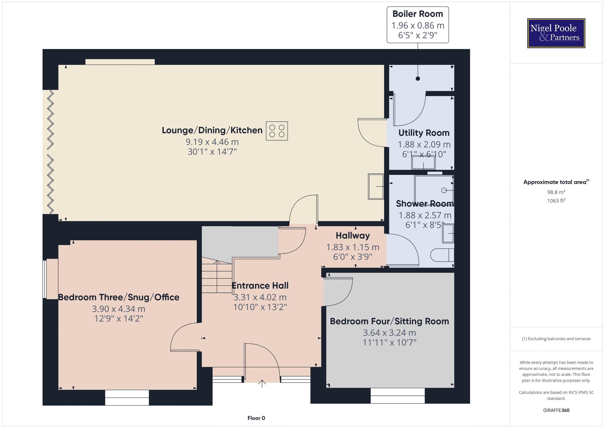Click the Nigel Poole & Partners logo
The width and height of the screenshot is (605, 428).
556,33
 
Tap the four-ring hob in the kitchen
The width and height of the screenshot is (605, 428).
277,131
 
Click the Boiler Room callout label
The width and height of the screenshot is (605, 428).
418,25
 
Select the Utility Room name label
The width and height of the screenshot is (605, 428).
424,133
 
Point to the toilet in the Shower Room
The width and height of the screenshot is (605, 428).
442,255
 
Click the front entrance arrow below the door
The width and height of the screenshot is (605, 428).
262,383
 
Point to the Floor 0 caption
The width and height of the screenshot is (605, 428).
256,418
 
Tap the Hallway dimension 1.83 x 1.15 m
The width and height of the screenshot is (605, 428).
353,247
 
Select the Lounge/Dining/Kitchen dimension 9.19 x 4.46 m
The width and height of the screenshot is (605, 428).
212,142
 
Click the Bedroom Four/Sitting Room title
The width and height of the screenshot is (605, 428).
389,321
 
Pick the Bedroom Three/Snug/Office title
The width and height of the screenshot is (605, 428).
118,297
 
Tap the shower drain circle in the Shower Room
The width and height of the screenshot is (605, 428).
444,190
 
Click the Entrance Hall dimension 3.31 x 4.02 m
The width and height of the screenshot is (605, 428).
260,297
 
